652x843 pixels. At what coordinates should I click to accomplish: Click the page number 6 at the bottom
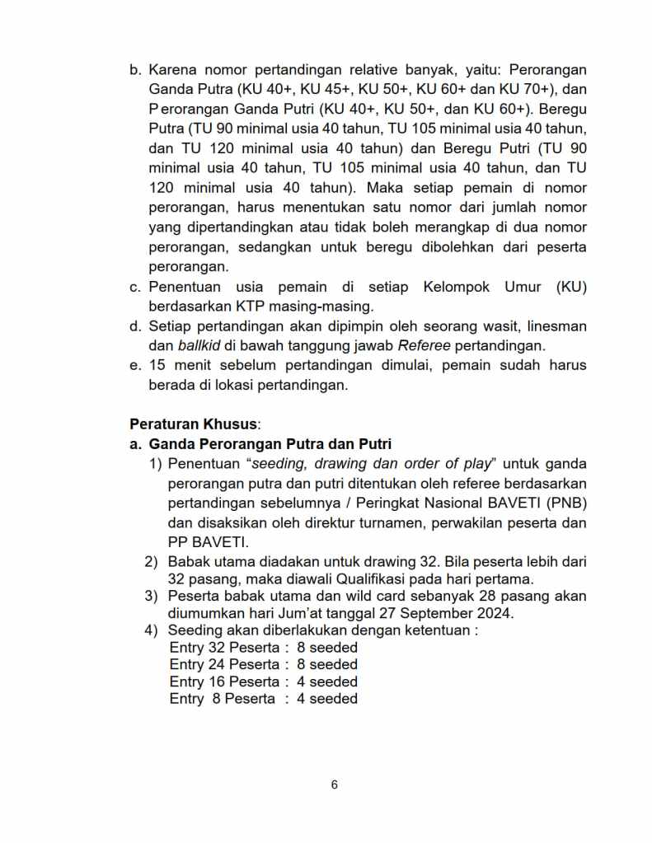click(334, 784)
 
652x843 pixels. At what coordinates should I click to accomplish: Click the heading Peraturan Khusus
click(194, 424)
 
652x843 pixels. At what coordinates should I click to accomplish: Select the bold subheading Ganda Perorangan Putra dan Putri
click(270, 445)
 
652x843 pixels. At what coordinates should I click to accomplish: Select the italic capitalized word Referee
click(424, 345)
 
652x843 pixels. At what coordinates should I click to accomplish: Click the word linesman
click(556, 326)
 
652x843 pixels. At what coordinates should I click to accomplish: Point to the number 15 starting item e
click(157, 366)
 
